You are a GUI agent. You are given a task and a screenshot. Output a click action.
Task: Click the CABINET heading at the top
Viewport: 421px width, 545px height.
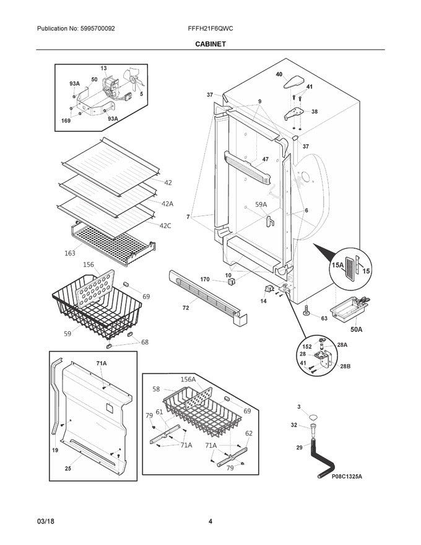(210, 45)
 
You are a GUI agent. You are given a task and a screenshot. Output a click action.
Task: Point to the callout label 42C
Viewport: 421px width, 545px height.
(165, 225)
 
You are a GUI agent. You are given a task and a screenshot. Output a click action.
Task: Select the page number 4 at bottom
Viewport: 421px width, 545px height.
(210, 521)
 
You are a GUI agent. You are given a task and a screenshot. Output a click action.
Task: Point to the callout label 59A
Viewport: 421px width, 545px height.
(261, 204)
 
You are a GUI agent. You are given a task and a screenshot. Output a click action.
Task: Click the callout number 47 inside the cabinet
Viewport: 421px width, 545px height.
(265, 159)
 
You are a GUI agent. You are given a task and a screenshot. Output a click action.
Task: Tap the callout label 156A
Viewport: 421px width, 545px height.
(188, 379)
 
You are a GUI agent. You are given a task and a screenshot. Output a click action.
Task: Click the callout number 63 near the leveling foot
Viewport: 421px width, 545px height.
(323, 319)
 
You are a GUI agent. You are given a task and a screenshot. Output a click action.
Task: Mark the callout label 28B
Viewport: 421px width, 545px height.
(344, 367)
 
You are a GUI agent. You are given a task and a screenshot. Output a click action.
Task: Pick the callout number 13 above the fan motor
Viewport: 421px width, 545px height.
(103, 68)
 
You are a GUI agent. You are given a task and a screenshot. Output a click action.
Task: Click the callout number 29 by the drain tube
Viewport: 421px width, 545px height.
(298, 447)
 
